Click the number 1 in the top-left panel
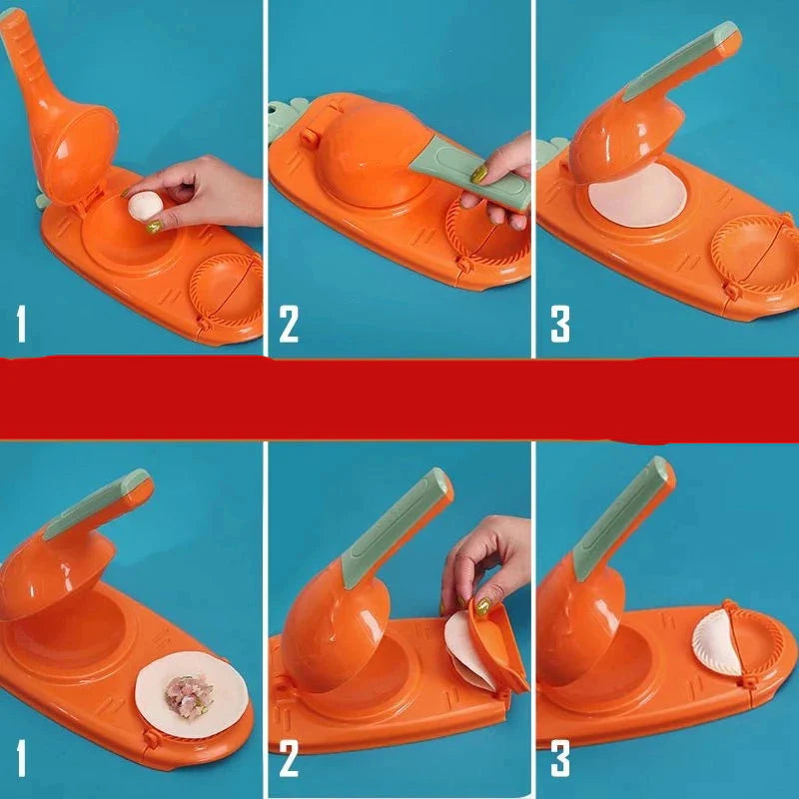21,324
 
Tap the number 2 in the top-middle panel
289,324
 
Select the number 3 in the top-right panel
560,324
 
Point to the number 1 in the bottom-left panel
21,758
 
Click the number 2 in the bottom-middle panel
289,759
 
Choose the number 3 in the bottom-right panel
560,759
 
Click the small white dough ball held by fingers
145,206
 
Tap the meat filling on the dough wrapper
189,695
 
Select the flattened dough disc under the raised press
637,195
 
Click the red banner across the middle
399,399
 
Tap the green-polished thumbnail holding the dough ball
155,227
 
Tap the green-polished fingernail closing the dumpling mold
482,606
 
